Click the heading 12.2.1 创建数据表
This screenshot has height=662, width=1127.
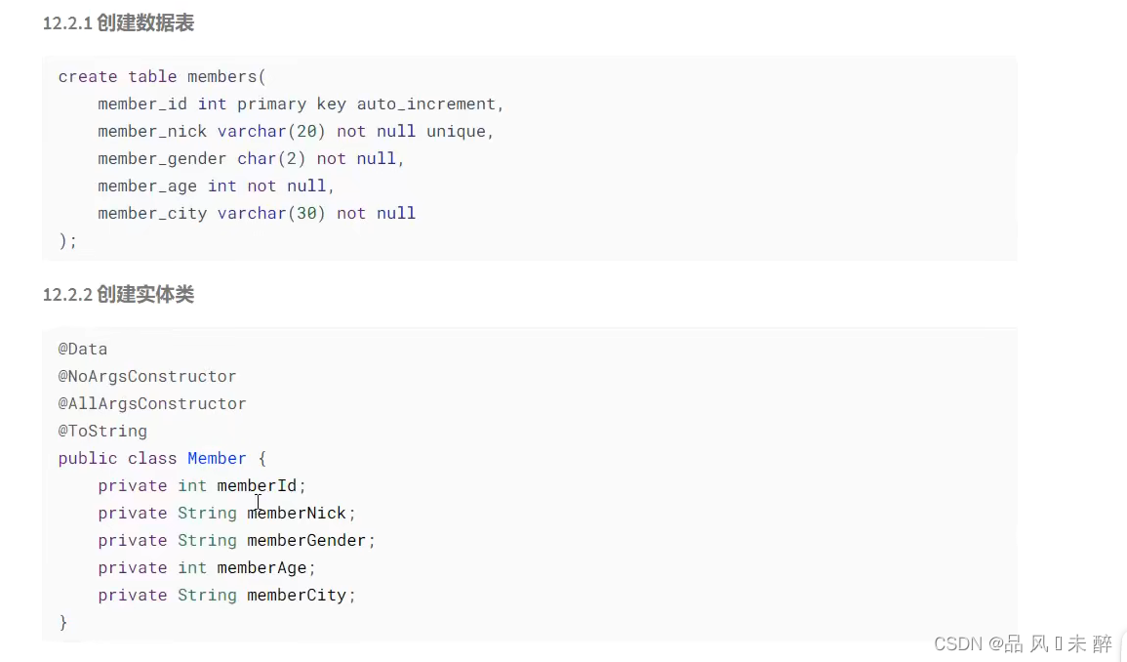click(118, 23)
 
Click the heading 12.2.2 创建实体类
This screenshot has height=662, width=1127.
click(118, 295)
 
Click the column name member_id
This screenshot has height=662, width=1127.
click(142, 103)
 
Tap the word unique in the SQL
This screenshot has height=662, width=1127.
click(456, 131)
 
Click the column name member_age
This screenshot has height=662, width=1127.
click(147, 186)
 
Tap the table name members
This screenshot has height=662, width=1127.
click(222, 76)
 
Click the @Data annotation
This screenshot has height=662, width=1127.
click(83, 349)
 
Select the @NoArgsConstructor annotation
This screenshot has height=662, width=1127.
click(147, 376)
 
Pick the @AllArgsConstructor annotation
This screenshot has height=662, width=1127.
click(152, 403)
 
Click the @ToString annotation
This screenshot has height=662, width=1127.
click(102, 431)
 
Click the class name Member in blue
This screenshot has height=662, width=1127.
click(217, 458)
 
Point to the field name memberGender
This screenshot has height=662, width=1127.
click(306, 540)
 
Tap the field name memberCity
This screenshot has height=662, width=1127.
click(297, 595)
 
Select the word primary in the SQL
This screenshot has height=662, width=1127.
click(272, 103)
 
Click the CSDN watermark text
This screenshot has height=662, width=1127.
click(1023, 643)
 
